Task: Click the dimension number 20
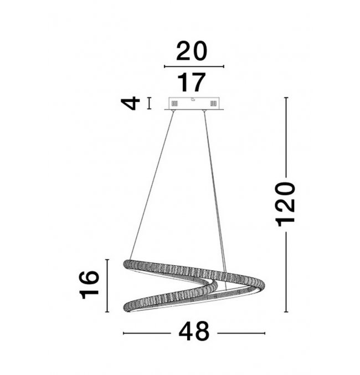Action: pos(192,51)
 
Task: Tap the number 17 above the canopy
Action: pos(192,83)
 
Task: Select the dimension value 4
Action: pos(130,104)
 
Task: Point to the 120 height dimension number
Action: pos(286,204)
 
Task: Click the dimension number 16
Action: pos(89,285)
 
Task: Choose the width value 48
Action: pos(194,331)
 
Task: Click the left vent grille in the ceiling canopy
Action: pos(175,104)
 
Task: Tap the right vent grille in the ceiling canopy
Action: pos(213,104)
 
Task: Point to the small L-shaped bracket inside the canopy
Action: pos(193,99)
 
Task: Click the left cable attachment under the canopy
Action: pos(173,111)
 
